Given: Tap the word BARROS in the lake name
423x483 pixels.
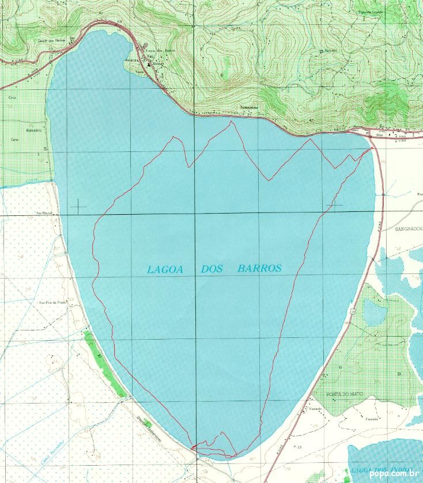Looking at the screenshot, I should click(x=259, y=268).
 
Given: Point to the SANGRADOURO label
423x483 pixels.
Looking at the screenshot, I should click(x=409, y=229).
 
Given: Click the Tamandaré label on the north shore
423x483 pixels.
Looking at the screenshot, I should click(x=248, y=108).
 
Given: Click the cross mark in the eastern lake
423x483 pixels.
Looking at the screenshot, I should click(x=334, y=205).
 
